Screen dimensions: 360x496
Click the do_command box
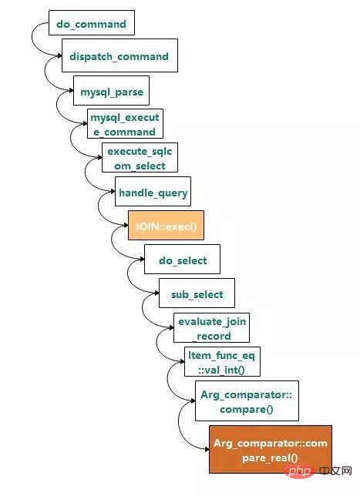pos(92,22)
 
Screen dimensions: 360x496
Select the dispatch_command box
pos(119,55)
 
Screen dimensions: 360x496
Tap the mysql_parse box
pos(112,90)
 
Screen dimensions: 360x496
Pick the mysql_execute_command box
pos(125,124)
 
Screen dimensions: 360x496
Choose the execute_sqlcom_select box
pos(140,158)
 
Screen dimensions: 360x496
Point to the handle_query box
pos(153,191)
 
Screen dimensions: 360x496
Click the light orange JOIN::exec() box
pos(166,225)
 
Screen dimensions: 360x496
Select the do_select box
pos(183,259)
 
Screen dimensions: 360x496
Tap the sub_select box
pos(197,293)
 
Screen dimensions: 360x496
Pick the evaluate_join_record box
pos(211,328)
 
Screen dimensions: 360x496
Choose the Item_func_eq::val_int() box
pos(222,361)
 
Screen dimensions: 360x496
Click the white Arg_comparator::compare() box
pos(247,400)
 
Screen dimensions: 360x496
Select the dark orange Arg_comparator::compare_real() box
pos(271,450)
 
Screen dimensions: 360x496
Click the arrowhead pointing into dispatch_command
pos(59,56)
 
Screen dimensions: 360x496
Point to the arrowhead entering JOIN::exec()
pos(126,225)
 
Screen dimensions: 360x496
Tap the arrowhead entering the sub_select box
pos(156,293)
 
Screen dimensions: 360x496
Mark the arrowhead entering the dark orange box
pos(207,449)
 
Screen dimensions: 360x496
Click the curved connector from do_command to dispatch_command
pos(32,38)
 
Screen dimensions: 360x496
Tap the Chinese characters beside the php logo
pos(335,471)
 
